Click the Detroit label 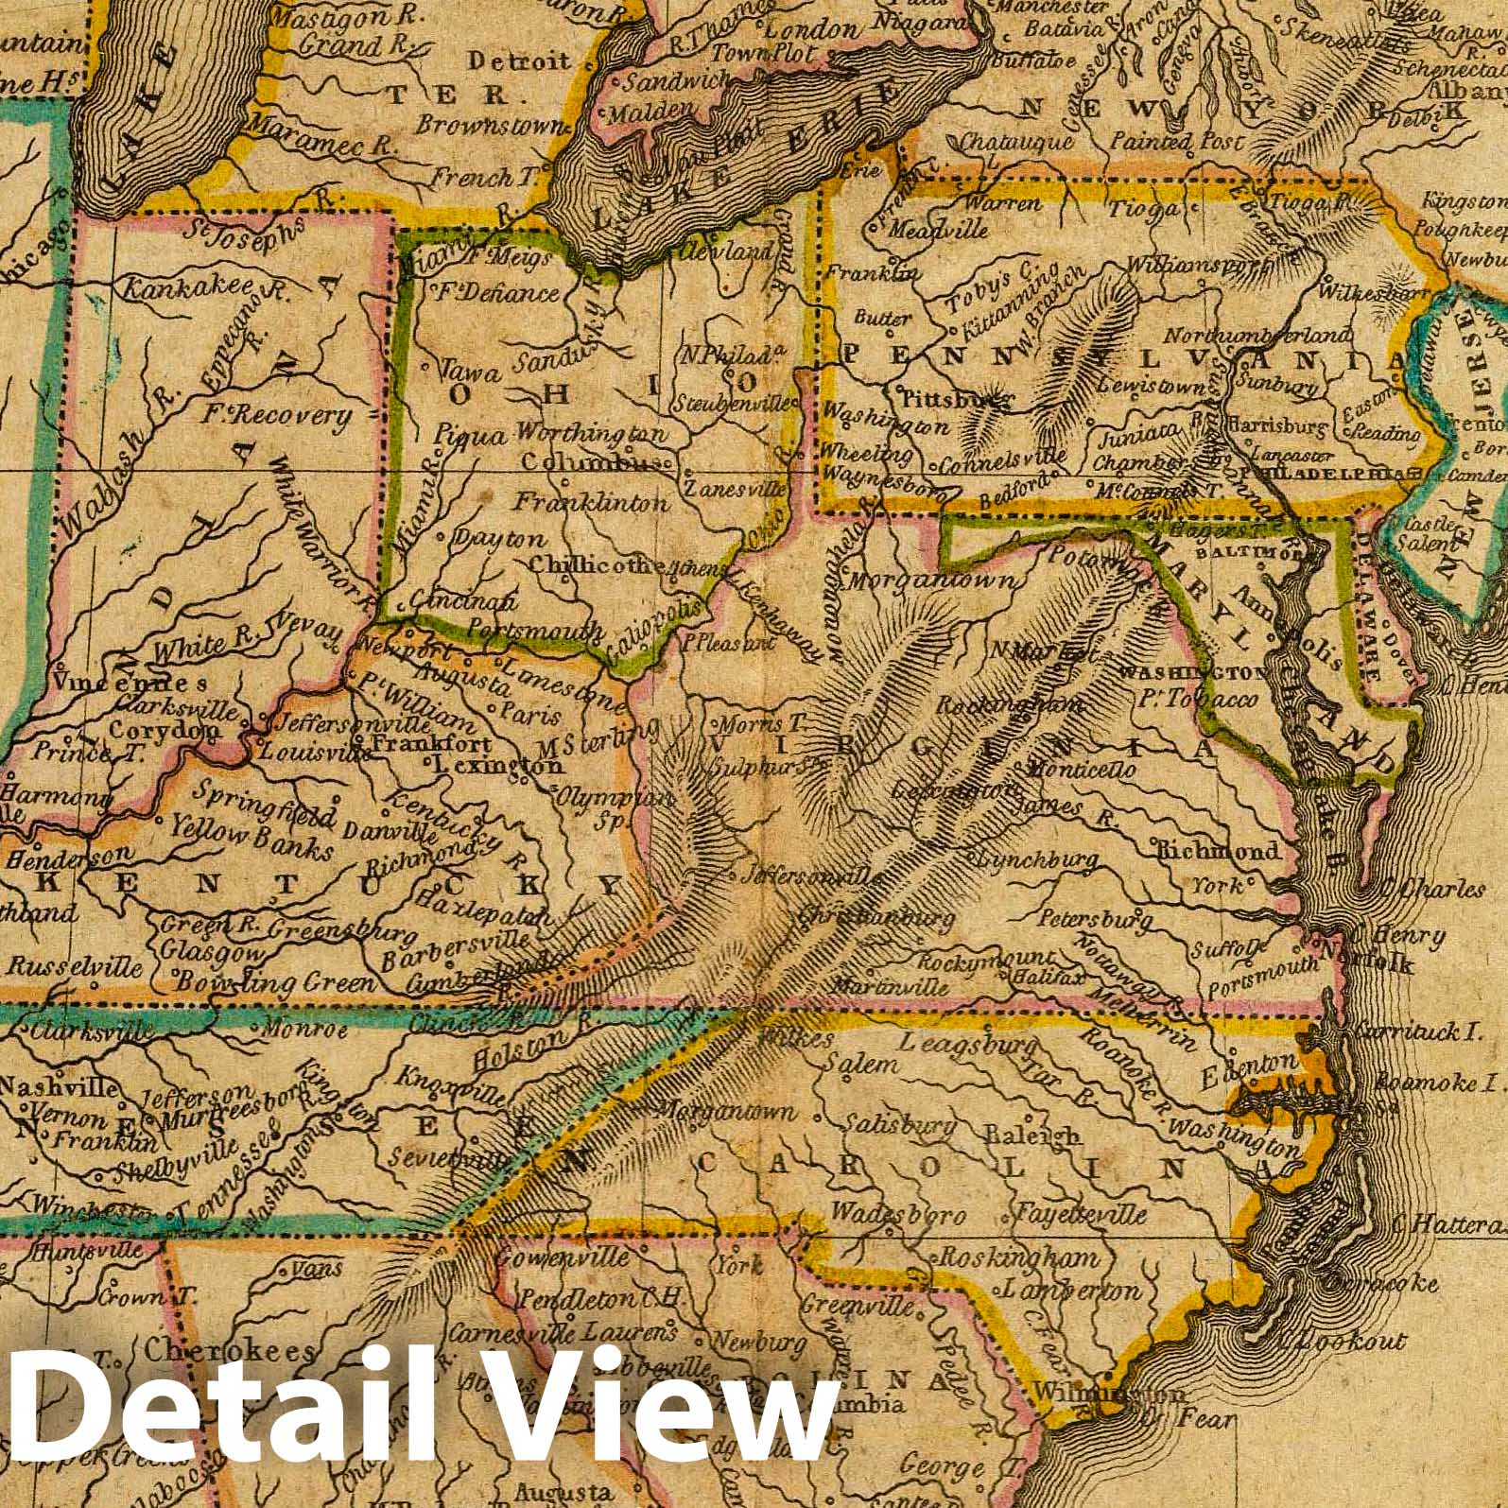coord(520,62)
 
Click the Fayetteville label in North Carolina coord(1080,1213)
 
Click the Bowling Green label coord(288,983)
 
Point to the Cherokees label coord(229,1351)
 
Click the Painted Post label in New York coord(1177,143)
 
